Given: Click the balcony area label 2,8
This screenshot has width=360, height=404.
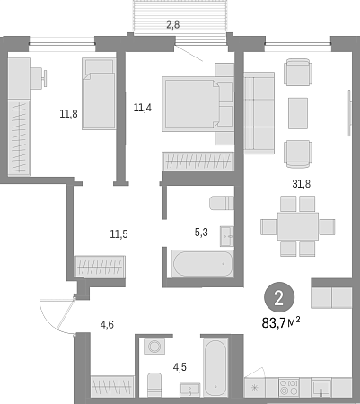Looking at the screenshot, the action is (173, 24).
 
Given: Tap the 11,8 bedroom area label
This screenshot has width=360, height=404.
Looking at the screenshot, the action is (68, 114).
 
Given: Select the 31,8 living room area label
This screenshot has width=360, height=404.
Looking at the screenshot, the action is (302, 184).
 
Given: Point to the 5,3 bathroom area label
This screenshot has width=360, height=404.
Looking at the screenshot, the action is (201, 232).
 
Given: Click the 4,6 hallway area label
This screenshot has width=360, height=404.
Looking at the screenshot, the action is (107, 324).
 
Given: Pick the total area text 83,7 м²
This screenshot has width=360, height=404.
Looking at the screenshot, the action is (281, 323).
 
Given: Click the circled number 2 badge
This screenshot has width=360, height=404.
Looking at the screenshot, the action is (279, 298).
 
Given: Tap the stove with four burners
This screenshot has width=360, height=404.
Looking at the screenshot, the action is (289, 387).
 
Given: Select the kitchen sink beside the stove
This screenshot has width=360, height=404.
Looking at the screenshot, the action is (321, 388).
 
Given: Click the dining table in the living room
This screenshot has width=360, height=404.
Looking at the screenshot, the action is (298, 226).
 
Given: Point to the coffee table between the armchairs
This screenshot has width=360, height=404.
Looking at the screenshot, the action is (298, 113).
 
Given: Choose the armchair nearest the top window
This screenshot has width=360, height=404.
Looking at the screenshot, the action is (298, 72).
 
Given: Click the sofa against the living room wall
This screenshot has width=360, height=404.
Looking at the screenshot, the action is (259, 113).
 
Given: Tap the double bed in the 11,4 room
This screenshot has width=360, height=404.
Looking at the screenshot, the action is (198, 104).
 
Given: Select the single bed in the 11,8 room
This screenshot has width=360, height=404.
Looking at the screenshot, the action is (99, 93).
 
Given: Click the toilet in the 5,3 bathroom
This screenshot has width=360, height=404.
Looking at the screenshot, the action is (222, 203).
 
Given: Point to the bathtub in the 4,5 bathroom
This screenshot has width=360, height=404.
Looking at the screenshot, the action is (215, 368).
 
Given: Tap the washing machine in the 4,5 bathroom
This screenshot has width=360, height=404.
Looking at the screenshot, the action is (154, 347).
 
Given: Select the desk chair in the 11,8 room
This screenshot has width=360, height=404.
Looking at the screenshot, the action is (39, 78).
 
